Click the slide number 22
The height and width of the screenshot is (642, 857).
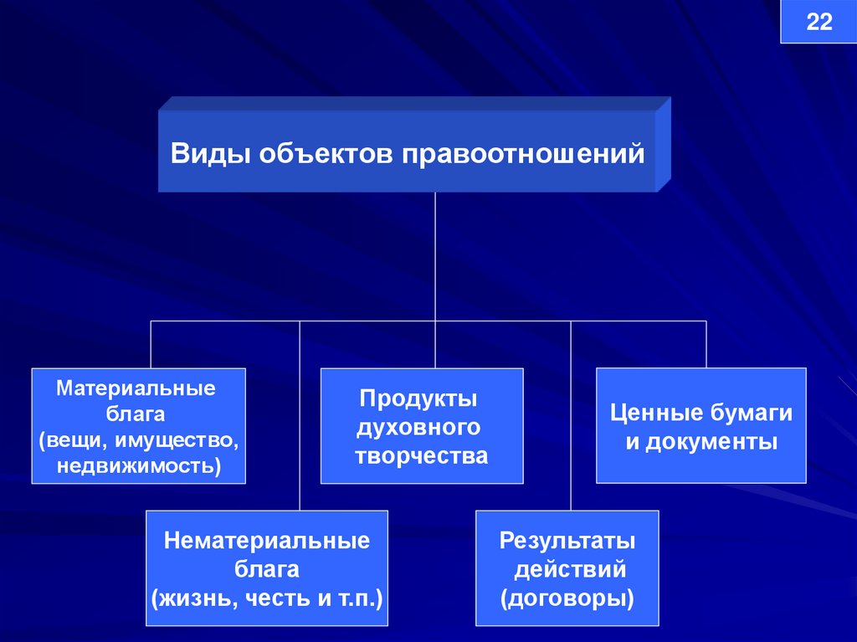coord(819,23)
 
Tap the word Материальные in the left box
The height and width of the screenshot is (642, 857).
coord(136,388)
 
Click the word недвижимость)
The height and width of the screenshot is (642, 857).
coord(140,465)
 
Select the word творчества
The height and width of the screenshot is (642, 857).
coord(421,457)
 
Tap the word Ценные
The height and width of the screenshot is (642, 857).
coord(654,413)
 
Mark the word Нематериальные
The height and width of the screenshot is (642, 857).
coord(267,541)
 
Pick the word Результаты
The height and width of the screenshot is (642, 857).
coord(567,541)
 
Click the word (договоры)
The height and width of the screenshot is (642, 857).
coord(567,599)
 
